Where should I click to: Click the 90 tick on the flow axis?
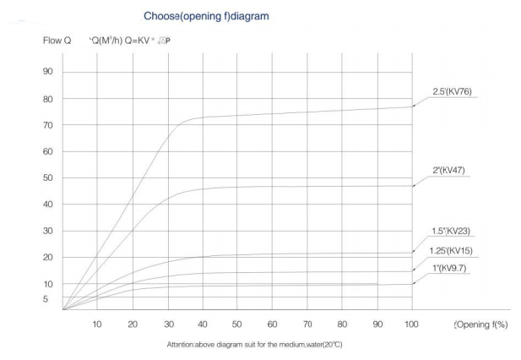pos(47,72)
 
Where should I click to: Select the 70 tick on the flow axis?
pos(47,125)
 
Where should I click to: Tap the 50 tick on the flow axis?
pos(47,177)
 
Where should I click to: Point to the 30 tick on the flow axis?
pos(47,231)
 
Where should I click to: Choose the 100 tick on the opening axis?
pos(412,325)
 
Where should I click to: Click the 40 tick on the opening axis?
pos(202,325)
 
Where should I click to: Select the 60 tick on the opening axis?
pos(272,325)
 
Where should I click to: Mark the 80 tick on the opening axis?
pos(342,325)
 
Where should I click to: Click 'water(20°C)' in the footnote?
pos(322,344)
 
